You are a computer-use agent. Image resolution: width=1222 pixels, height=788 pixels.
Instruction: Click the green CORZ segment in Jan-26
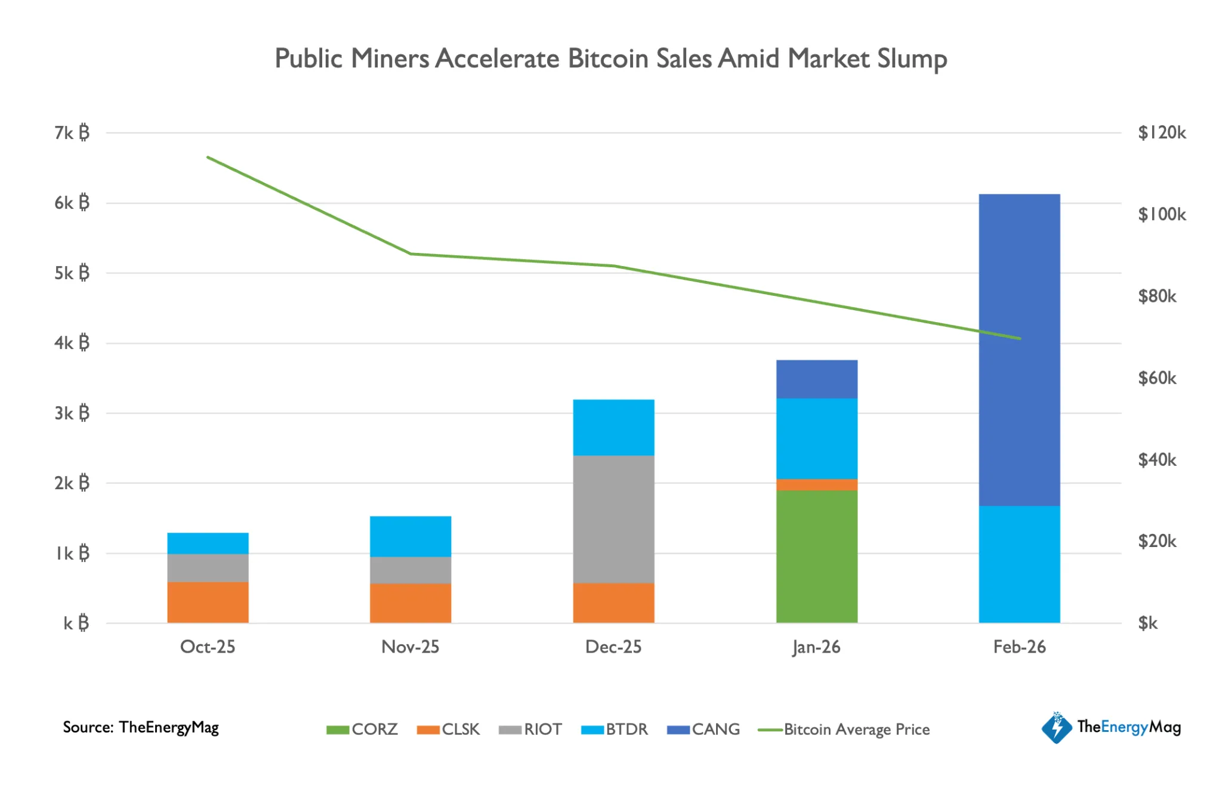(x=816, y=557)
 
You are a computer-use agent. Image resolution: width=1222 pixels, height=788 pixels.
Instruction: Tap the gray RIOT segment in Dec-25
(x=613, y=519)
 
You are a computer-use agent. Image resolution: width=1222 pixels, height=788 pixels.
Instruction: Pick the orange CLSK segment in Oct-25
(x=208, y=602)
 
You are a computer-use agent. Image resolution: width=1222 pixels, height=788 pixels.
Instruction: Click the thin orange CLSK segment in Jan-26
(x=816, y=485)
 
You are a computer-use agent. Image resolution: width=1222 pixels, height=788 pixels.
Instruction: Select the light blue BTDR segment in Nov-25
(x=411, y=536)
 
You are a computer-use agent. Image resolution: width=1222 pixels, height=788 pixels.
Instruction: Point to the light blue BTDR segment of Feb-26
(x=1019, y=564)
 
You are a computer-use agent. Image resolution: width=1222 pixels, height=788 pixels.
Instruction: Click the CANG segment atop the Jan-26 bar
(x=816, y=379)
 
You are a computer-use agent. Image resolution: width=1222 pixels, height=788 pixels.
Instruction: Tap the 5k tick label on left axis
(x=72, y=273)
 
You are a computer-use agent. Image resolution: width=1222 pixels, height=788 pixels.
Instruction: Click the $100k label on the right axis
(x=1161, y=215)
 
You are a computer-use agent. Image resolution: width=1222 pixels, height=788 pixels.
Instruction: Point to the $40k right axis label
(x=1156, y=460)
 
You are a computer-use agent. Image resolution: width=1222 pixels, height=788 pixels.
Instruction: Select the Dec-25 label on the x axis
(x=613, y=647)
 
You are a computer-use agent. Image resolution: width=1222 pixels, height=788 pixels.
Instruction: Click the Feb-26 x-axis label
(x=1019, y=647)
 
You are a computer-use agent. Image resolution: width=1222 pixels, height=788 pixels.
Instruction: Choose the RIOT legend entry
(x=531, y=730)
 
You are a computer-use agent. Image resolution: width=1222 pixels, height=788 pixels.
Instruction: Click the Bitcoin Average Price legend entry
(x=844, y=730)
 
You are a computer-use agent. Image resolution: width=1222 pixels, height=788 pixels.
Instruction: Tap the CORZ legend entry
(x=363, y=730)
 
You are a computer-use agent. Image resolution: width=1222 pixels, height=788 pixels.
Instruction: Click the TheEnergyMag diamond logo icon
(x=1057, y=727)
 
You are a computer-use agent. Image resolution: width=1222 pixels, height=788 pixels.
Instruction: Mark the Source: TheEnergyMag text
(x=141, y=727)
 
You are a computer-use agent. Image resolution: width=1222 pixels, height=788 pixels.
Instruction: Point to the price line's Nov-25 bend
(x=411, y=254)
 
